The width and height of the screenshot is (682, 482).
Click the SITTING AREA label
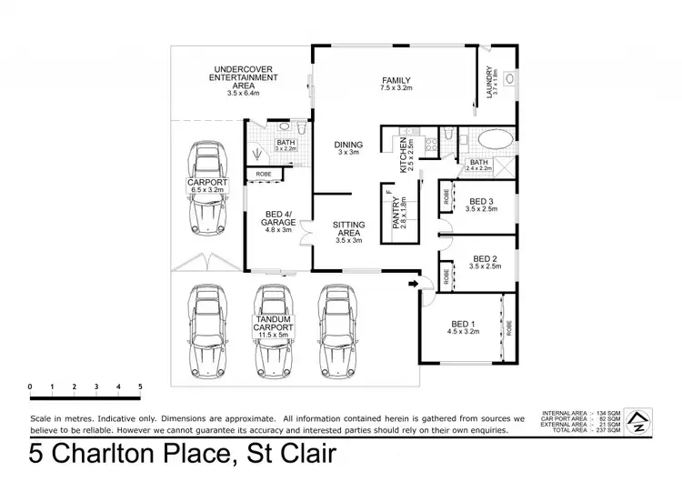348,228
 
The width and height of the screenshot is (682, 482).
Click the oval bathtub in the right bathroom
496,141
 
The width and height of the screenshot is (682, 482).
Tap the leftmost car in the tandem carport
208,332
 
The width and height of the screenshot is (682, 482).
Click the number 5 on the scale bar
140,387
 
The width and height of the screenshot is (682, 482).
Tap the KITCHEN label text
406,154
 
